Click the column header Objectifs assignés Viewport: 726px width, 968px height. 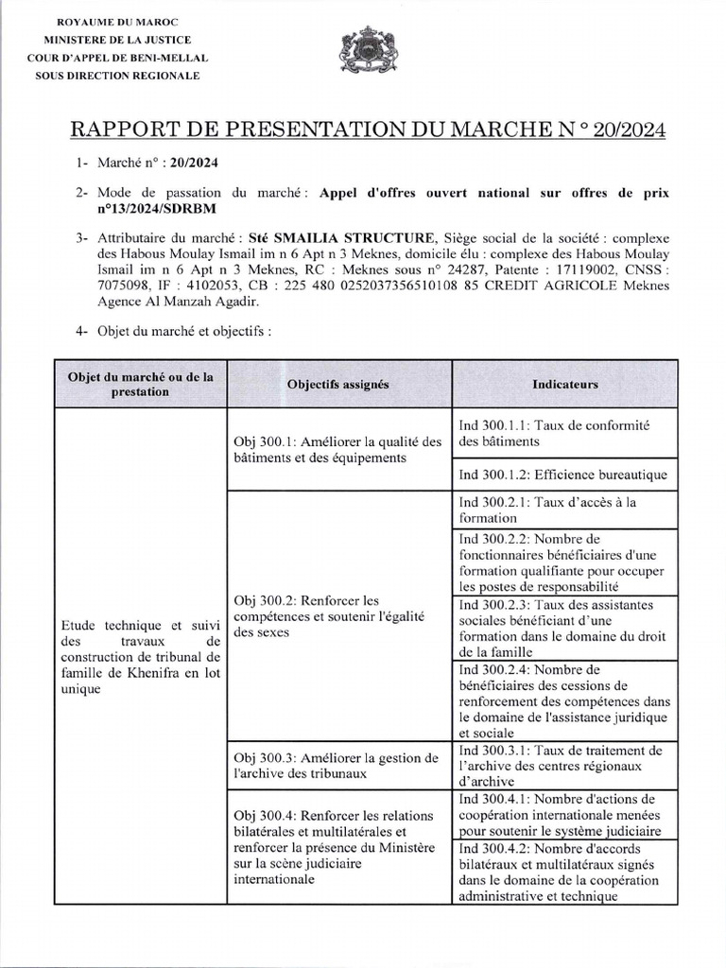[337, 385]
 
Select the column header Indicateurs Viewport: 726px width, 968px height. [564, 385]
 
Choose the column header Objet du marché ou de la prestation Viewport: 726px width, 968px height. [140, 384]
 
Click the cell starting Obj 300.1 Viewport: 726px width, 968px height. [337, 449]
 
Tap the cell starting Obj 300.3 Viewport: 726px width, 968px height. [337, 765]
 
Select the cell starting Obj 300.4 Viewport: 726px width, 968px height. [337, 847]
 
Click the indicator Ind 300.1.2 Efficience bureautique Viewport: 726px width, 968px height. [562, 475]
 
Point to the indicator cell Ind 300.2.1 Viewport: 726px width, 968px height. [562, 510]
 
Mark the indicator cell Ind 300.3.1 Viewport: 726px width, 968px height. [562, 766]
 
